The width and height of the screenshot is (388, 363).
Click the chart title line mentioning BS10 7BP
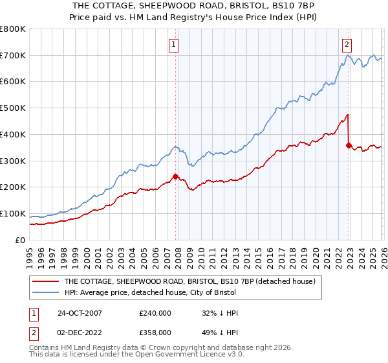pyautogui.click(x=193, y=5)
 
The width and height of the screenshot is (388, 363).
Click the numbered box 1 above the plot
pyautogui.click(x=175, y=45)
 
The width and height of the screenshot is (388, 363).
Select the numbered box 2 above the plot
pyautogui.click(x=347, y=45)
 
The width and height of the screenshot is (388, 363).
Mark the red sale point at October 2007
pyautogui.click(x=175, y=176)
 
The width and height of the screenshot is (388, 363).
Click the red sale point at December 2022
pyautogui.click(x=349, y=145)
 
